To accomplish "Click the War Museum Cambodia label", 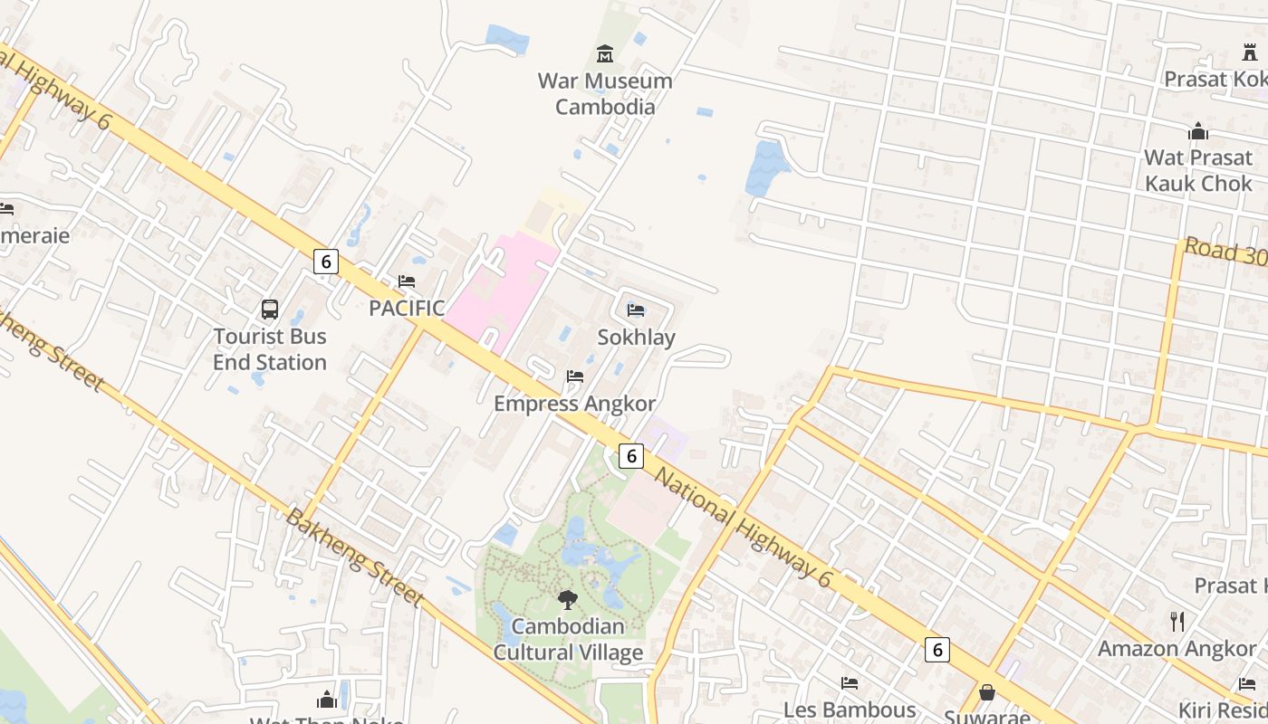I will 605,93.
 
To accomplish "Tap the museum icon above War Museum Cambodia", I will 604,53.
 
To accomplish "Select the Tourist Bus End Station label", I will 270,349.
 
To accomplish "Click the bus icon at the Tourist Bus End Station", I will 270,310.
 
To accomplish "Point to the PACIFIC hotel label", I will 407,308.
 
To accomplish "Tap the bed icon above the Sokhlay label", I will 636,310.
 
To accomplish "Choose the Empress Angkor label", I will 574,404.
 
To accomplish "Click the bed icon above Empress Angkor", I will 574,376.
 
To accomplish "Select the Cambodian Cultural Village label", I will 568,639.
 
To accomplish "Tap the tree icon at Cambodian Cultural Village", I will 568,599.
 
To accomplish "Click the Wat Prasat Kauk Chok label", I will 1198,170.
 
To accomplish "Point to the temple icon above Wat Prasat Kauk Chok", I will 1198,132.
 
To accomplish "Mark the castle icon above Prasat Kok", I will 1250,52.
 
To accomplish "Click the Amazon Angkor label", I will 1177,649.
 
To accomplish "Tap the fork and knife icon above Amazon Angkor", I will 1177,621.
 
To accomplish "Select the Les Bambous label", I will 850,710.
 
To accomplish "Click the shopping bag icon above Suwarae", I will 987,692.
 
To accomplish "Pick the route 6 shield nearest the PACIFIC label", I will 326,262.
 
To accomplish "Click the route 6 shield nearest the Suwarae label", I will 937,649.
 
